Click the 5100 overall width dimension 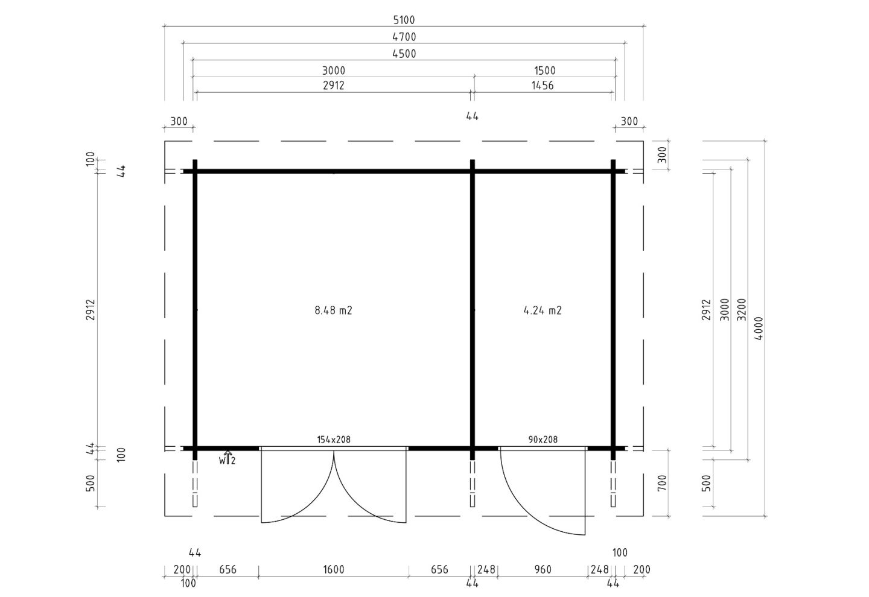(404, 20)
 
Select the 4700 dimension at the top (404, 37)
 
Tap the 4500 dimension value (404, 54)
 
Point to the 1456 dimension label (543, 85)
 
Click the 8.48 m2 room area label (333, 311)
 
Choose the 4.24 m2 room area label (543, 311)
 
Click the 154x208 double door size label (334, 440)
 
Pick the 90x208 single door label (543, 440)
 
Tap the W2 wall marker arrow (228, 457)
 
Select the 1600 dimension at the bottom (334, 569)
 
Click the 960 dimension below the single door (543, 569)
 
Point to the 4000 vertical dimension (759, 328)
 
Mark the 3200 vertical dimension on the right (742, 310)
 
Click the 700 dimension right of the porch (662, 482)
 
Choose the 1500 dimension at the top (545, 71)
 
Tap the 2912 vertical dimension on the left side (90, 310)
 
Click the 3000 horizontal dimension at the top (334, 71)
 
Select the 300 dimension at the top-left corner (179, 121)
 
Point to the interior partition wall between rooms (472, 310)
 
